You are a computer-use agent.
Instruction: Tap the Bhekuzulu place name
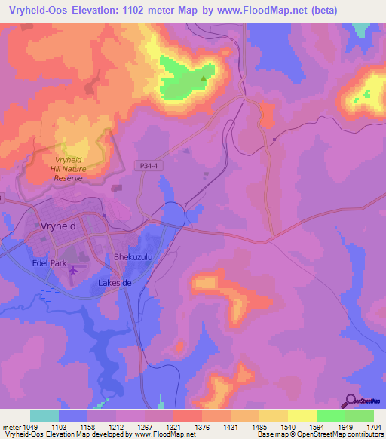(x=133, y=257)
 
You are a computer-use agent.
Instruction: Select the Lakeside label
(x=115, y=282)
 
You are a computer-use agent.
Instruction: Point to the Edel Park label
(x=49, y=263)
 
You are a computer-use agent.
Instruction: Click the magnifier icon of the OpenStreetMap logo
(x=351, y=401)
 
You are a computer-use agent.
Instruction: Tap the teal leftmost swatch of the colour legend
(x=44, y=416)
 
